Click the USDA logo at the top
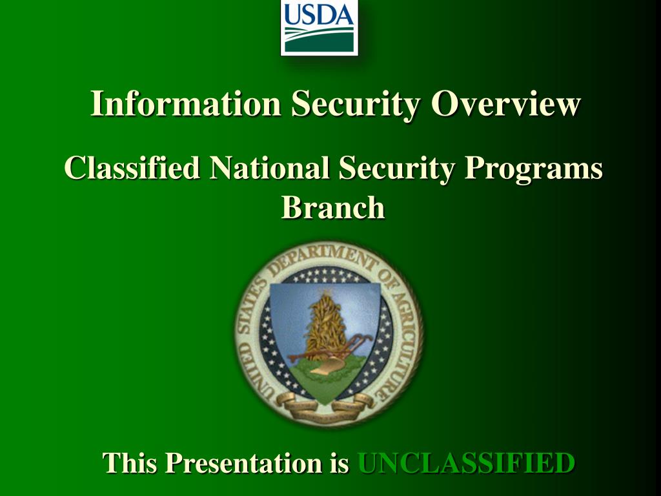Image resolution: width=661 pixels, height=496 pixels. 319,27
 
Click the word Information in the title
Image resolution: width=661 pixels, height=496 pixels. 185,103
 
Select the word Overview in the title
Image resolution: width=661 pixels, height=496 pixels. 506,103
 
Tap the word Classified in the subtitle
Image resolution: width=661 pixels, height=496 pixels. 132,168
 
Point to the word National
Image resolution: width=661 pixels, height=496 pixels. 270,168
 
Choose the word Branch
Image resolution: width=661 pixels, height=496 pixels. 333,207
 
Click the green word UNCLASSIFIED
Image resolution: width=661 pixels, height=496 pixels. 466,462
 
